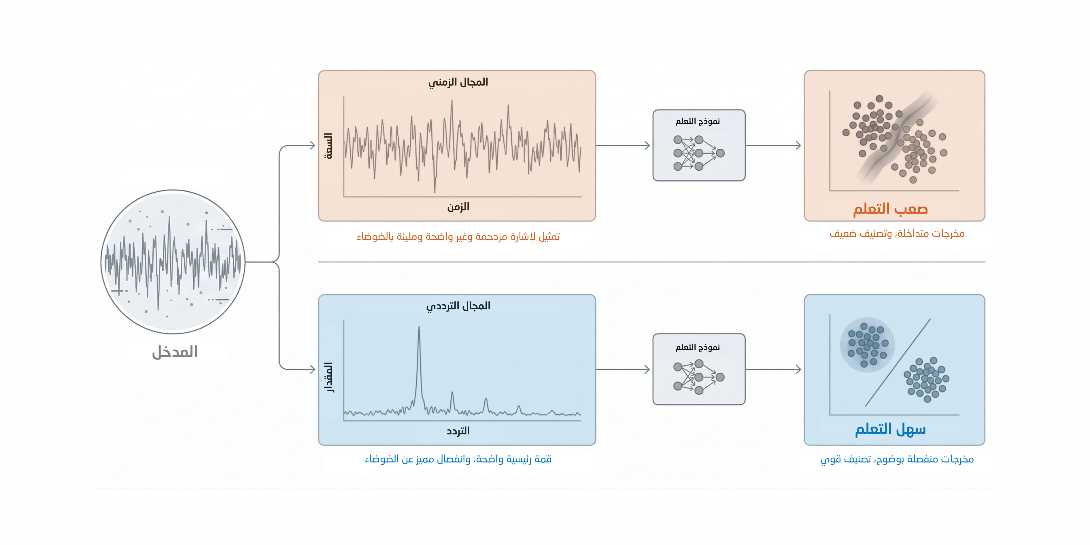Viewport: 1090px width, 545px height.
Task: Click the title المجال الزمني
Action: point(458,82)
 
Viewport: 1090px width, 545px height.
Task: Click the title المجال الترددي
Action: point(458,306)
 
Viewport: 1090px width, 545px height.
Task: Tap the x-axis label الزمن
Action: point(458,207)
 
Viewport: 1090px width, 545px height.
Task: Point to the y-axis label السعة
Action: point(328,146)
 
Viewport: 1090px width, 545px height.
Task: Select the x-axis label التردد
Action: point(458,431)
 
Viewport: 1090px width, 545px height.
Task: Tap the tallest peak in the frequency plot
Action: point(419,328)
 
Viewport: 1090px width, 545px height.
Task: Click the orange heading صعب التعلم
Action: point(890,209)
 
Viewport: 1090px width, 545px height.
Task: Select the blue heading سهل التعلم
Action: point(890,429)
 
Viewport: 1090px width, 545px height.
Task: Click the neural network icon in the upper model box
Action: point(698,153)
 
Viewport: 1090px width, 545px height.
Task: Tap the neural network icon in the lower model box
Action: point(698,377)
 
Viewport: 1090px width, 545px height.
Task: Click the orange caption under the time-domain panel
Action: point(458,237)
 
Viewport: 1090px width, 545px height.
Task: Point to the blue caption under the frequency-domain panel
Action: point(458,459)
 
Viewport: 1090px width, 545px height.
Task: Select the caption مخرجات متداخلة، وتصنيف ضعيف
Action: point(897,233)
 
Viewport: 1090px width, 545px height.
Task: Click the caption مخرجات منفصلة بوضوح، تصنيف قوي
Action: point(897,459)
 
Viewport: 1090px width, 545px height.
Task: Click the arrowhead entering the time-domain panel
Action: point(313,146)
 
